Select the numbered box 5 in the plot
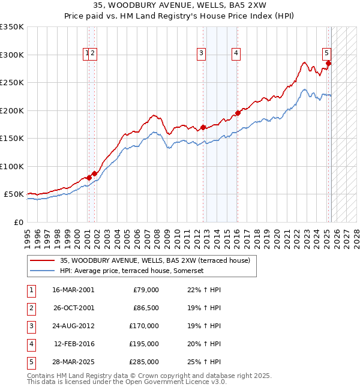click(326, 52)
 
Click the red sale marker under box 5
click(329, 63)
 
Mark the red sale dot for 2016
click(238, 113)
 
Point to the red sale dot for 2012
click(203, 127)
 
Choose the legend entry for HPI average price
click(132, 271)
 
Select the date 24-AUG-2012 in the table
click(73, 326)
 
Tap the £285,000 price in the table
click(144, 362)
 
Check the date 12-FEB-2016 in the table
click(73, 344)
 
